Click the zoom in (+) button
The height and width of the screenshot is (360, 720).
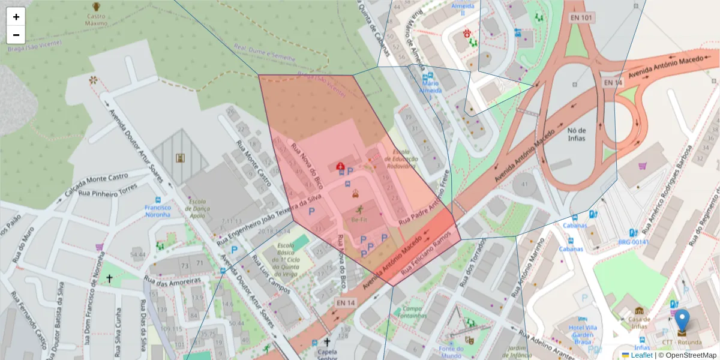[x=16, y=17]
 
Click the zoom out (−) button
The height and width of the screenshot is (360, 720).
[x=16, y=35]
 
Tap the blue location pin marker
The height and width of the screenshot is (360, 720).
[x=682, y=323]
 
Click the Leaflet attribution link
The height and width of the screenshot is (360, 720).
[x=641, y=355]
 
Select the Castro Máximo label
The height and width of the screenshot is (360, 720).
[x=96, y=20]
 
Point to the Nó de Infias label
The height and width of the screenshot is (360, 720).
[x=576, y=134]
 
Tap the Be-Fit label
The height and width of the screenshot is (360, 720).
[x=359, y=220]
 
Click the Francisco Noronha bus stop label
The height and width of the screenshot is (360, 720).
[x=157, y=211]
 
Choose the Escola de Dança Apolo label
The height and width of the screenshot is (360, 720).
[x=197, y=209]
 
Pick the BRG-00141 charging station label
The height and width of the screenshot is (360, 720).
[x=634, y=242]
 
